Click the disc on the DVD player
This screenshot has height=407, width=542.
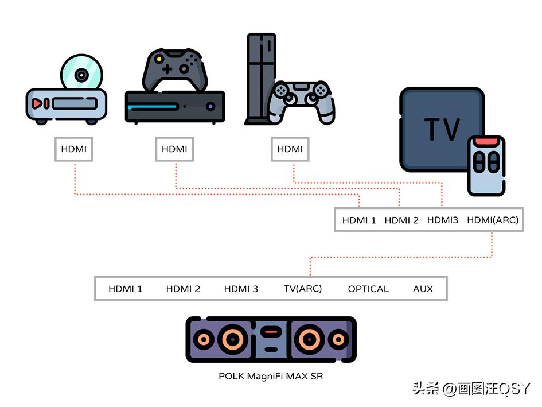point(81,75)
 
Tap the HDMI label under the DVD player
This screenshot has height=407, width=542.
point(73,149)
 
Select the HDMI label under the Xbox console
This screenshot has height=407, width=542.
point(174,149)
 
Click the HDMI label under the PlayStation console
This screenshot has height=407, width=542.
point(290,149)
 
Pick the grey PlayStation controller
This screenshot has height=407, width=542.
point(304,100)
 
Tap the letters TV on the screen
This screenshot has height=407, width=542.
point(442,129)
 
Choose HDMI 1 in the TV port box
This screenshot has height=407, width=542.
point(359,220)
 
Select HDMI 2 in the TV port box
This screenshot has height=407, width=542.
point(401,220)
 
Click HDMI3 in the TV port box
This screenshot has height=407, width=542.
point(443,220)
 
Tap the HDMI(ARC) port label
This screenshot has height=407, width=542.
point(493,220)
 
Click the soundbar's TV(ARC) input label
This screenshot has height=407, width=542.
point(303,289)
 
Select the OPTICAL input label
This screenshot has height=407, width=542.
point(368,289)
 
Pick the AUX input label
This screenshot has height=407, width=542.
point(423,289)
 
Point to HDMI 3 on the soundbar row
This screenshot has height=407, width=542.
point(241,289)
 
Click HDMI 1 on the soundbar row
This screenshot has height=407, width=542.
point(125,289)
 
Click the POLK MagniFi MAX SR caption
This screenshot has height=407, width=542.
point(270,377)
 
